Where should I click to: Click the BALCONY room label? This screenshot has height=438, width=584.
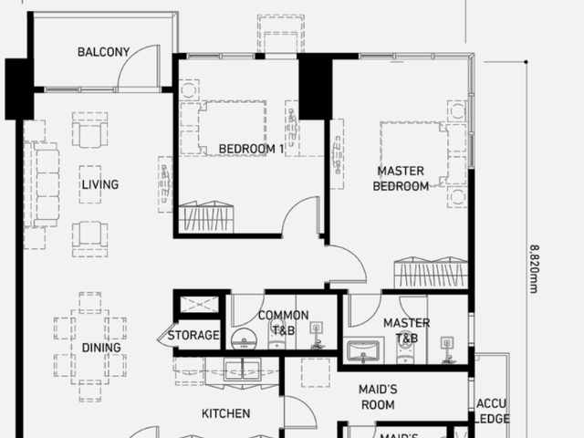tap(103, 52)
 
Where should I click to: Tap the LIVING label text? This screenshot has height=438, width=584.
tap(100, 184)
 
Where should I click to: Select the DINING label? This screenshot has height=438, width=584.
tap(101, 348)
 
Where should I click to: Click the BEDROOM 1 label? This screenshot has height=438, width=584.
tap(252, 149)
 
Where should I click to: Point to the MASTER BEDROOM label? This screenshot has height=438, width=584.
tap(401, 179)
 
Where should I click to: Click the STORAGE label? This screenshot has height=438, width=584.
tap(193, 335)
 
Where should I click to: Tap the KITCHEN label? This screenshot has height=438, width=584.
tap(225, 413)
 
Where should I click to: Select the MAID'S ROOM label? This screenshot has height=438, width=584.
tap(378, 397)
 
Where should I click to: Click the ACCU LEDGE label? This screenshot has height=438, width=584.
tap(493, 412)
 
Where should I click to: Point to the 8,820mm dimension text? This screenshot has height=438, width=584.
tap(534, 269)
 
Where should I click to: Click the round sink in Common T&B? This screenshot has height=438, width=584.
tap(244, 339)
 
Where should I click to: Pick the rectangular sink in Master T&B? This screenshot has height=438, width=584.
tap(363, 351)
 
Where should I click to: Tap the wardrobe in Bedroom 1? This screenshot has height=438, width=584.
tap(206, 217)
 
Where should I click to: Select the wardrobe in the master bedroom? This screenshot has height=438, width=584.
tap(431, 272)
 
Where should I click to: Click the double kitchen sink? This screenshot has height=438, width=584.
tap(243, 370)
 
